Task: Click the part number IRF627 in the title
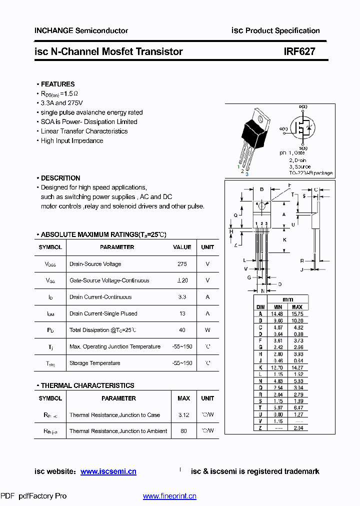[x=299, y=51]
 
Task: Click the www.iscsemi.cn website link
[x=108, y=471]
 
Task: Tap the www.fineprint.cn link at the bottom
[x=169, y=496]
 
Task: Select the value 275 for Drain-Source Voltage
[x=182, y=264]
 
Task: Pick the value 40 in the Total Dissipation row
[x=182, y=330]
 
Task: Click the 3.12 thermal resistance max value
[x=183, y=415]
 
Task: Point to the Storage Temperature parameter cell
[x=94, y=363]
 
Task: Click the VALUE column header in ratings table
[x=182, y=247]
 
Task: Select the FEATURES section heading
[x=57, y=84]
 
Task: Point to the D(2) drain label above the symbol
[x=303, y=107]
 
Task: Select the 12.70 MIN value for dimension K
[x=276, y=367]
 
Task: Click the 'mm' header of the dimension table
[x=288, y=299]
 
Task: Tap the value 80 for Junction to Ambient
[x=183, y=431]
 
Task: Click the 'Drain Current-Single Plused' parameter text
[x=103, y=313]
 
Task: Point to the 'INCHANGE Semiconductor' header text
[x=81, y=30]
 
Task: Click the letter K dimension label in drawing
[x=284, y=239]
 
